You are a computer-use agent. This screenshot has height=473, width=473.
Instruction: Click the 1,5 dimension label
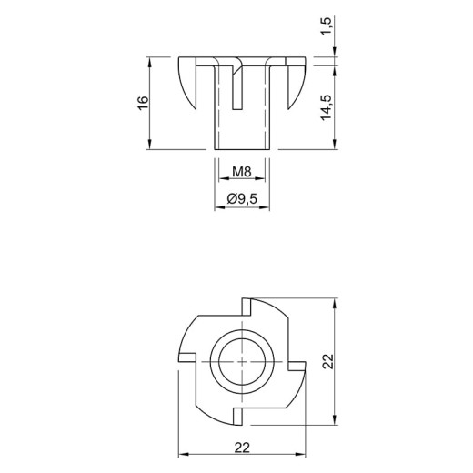pyautogui.click(x=327, y=25)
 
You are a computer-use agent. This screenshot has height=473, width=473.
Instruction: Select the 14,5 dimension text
pyautogui.click(x=327, y=107)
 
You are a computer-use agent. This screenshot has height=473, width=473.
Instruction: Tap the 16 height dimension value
pyautogui.click(x=143, y=103)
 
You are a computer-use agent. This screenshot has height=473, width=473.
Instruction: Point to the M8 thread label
pyautogui.click(x=242, y=172)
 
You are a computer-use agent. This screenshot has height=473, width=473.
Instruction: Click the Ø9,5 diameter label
pyautogui.click(x=242, y=199)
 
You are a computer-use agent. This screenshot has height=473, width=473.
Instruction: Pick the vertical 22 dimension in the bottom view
pyautogui.click(x=327, y=361)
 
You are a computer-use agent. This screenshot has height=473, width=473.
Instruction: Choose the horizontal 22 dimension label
pyautogui.click(x=242, y=448)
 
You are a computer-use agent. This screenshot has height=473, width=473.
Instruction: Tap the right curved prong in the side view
pyautogui.click(x=296, y=83)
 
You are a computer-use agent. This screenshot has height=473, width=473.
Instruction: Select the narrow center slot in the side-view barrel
pyautogui.click(x=237, y=88)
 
